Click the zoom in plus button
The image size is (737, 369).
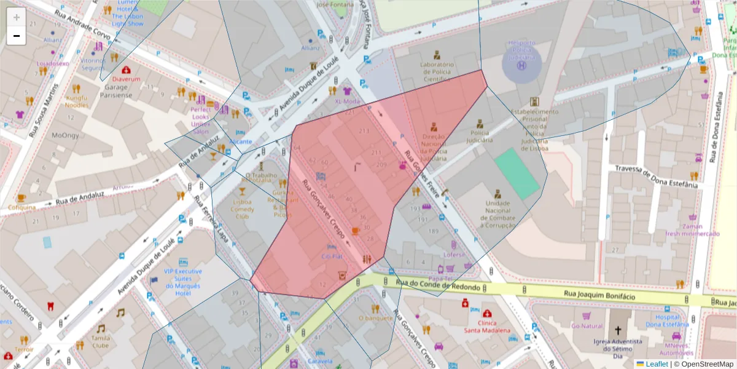coord(17,17)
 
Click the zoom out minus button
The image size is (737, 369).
coord(17,36)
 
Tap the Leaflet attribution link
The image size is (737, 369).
coord(656,364)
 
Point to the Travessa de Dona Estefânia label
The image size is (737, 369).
coord(656,175)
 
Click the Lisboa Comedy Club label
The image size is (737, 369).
coord(243,208)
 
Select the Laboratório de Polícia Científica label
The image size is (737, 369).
coord(437,72)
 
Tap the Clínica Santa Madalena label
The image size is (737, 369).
coord(488,327)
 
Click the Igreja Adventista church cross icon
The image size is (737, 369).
coord(618,330)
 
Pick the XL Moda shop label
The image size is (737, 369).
coord(348,101)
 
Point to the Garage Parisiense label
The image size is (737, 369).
coord(115,91)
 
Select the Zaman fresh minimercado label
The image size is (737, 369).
coord(695,229)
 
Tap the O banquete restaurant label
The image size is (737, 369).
coord(375,318)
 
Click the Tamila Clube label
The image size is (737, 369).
coord(100,341)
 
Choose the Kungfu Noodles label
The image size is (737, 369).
coord(77,101)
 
